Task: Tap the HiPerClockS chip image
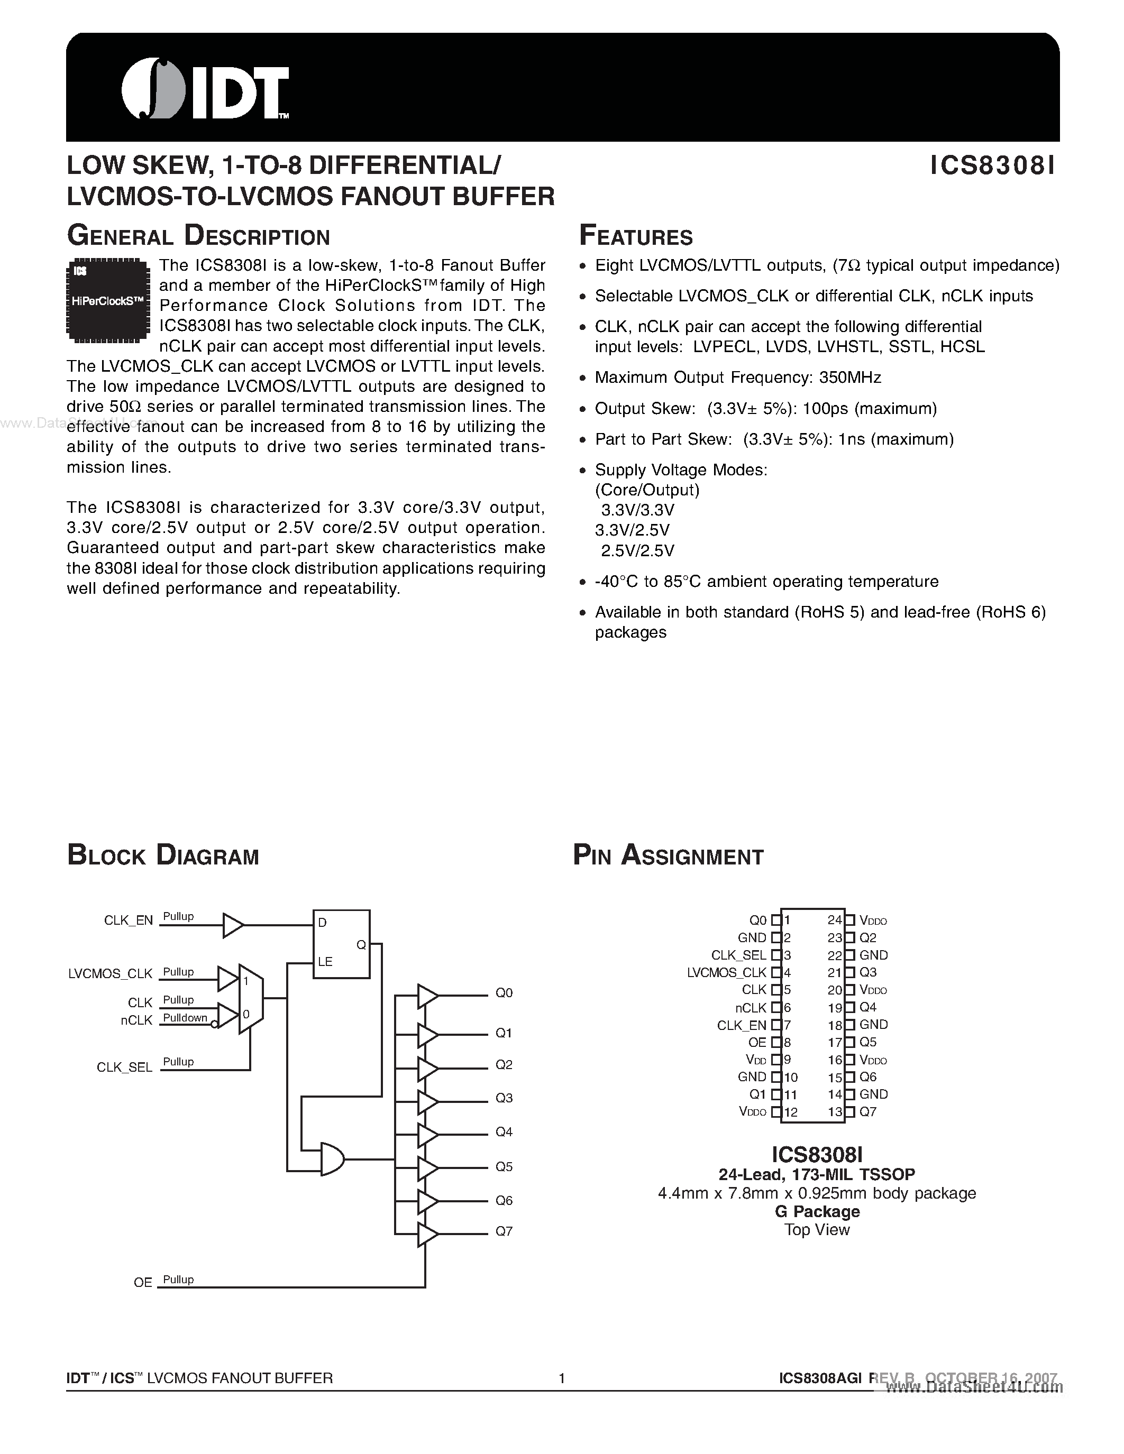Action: coord(108,300)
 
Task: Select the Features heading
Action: coord(636,236)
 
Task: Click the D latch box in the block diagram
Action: coord(342,943)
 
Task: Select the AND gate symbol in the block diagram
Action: coord(332,1159)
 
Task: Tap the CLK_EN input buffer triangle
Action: coord(232,925)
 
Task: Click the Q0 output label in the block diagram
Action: coord(504,992)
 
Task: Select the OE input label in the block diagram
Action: coord(143,1282)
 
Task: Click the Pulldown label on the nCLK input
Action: coord(185,1017)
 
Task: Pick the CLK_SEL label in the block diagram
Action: coord(124,1066)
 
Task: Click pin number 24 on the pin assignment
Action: coord(834,920)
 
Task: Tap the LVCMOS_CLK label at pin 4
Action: coord(726,973)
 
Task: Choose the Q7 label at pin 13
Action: coord(867,1112)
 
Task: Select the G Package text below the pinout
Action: coord(817,1211)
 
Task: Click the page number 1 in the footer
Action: coord(562,1378)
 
